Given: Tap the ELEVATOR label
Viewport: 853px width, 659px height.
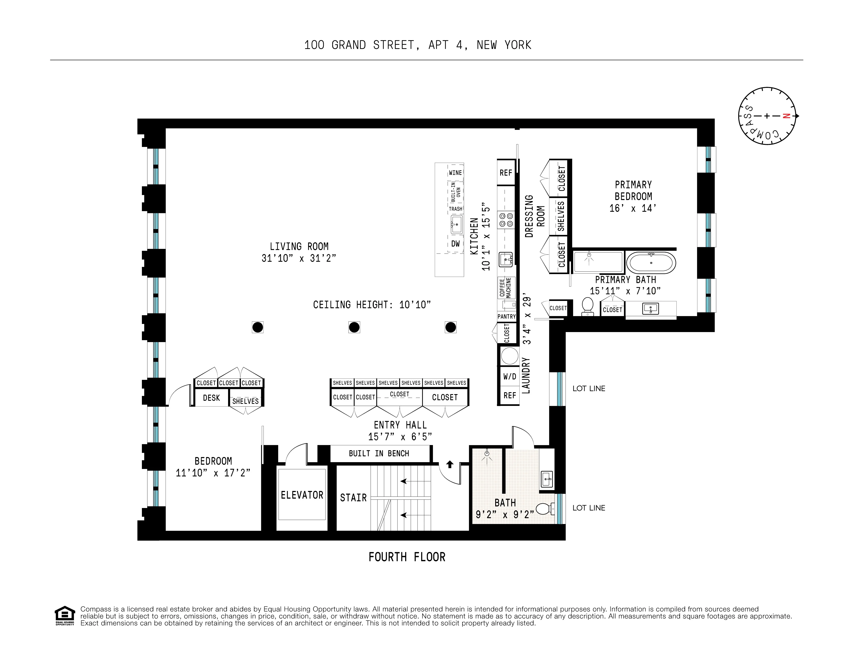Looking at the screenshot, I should pyautogui.click(x=302, y=495).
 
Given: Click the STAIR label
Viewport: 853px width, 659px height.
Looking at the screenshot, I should pyautogui.click(x=353, y=498).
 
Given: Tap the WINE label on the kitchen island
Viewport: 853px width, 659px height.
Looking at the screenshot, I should pyautogui.click(x=455, y=173).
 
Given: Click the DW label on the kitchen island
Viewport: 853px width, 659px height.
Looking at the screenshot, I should pyautogui.click(x=455, y=244).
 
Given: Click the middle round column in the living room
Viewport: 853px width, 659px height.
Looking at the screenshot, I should pyautogui.click(x=354, y=327).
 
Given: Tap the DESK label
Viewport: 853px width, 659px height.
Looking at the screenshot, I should pyautogui.click(x=211, y=398).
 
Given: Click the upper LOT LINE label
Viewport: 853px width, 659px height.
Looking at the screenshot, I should pyautogui.click(x=589, y=388).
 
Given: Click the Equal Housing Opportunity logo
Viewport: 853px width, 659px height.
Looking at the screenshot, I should pyautogui.click(x=64, y=615).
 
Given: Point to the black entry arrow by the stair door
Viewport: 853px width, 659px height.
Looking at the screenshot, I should pyautogui.click(x=450, y=464).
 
